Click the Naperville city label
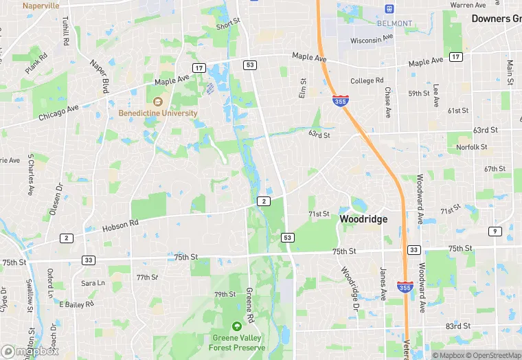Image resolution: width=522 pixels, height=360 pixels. click(41, 5)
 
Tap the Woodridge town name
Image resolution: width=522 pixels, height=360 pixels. click(363, 219)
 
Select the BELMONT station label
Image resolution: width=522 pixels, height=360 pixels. click(395, 23)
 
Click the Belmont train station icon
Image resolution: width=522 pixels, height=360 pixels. click(390, 9)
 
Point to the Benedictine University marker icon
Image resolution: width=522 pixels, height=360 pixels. click(157, 102)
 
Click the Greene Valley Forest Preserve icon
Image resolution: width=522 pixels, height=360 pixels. click(237, 326)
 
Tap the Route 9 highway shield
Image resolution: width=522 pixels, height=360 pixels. click(494, 231)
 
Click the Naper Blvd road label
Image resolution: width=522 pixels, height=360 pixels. click(100, 76)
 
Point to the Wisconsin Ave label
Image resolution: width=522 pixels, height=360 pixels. click(371, 41)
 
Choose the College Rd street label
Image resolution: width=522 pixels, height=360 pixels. click(367, 80)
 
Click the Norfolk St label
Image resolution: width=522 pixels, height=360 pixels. click(471, 147)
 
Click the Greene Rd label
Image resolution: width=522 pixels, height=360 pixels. click(250, 302)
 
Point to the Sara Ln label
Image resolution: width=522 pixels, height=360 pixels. click(93, 283)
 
